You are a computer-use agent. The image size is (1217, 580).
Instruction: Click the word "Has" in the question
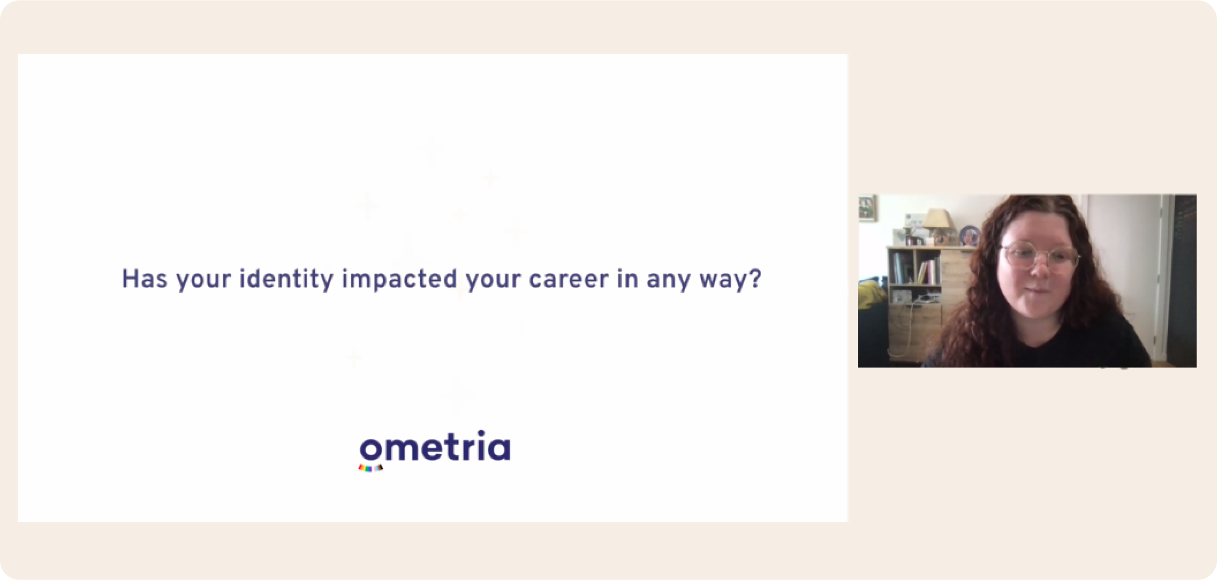(144, 279)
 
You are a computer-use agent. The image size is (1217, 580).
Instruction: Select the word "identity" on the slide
(286, 279)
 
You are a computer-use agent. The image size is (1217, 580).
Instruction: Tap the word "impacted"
(399, 279)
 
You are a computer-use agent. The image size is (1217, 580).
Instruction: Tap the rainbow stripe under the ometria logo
(370, 468)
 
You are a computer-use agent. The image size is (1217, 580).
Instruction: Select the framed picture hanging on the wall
(867, 208)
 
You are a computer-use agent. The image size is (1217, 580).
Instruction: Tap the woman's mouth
(1036, 288)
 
